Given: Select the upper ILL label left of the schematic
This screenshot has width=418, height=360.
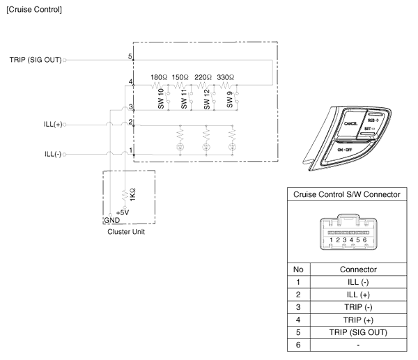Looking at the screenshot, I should (54, 126).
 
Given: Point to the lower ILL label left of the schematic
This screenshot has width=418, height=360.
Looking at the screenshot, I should (54, 153).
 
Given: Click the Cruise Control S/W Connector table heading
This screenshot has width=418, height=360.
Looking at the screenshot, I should (347, 195).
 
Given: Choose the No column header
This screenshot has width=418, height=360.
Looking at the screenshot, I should (298, 269).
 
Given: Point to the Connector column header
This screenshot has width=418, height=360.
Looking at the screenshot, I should (357, 269).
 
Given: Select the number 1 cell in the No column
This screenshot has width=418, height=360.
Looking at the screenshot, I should (298, 282).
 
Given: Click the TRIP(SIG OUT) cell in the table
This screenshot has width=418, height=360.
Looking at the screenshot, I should (357, 333).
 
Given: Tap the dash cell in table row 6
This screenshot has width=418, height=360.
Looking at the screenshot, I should (357, 345).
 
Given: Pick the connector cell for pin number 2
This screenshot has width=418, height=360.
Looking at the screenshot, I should (357, 295).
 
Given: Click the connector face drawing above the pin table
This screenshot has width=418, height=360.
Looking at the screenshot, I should (347, 231).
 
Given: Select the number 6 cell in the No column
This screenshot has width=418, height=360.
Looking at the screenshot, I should (298, 345).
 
